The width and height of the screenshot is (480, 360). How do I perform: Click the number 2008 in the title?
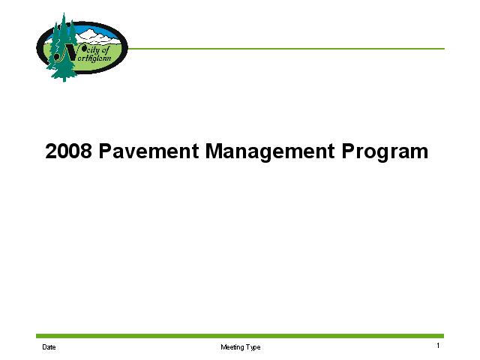(68, 151)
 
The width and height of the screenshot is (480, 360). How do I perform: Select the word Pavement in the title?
(148, 151)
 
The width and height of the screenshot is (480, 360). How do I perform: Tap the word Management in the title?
(270, 152)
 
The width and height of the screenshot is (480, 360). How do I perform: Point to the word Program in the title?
(385, 152)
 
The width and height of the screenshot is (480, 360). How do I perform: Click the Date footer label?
(49, 347)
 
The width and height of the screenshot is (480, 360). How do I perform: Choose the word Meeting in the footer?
(232, 347)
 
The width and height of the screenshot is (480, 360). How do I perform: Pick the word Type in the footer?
(253, 347)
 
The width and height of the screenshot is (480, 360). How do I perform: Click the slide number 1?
(438, 346)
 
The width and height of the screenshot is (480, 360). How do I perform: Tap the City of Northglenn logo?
(82, 47)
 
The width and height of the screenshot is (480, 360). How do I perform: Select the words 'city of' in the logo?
(97, 49)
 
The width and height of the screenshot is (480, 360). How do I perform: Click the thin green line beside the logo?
(286, 48)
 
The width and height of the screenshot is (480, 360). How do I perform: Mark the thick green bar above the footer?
(240, 336)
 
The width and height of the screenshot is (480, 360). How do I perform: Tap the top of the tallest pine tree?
(64, 13)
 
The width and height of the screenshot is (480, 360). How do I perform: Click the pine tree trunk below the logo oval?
(64, 79)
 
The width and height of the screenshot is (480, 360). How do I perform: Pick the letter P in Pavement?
(105, 151)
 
